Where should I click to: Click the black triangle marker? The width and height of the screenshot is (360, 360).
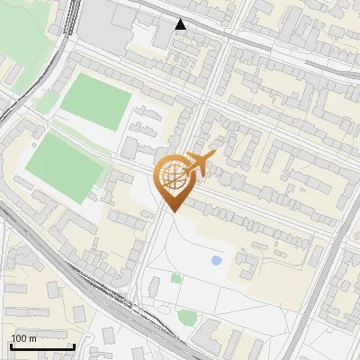pos(181,24)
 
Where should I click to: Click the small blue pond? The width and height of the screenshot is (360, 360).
pos(216,261)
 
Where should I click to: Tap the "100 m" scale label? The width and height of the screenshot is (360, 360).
pos(23,338)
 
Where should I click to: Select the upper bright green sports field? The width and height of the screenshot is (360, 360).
pos(96,101)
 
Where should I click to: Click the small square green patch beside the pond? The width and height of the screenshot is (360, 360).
pos(176,278)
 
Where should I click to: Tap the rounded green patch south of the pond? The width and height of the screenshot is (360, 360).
pos(187,317)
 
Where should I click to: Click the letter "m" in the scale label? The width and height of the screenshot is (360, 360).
pos(32,338)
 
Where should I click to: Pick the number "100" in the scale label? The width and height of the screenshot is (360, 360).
pos(19,338)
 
